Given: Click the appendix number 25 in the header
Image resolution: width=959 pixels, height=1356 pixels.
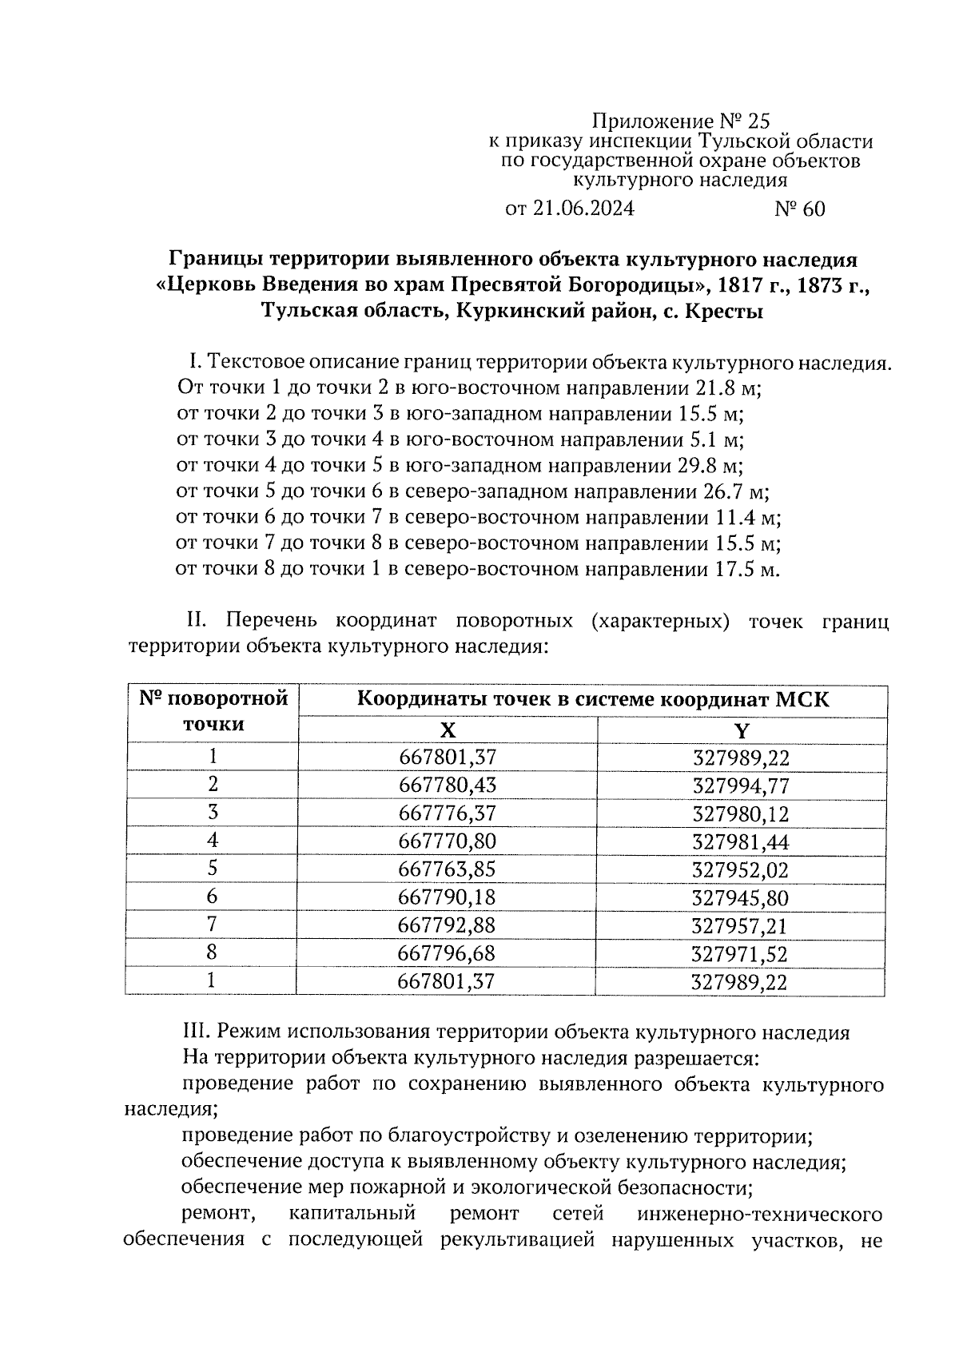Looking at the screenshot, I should click(757, 121).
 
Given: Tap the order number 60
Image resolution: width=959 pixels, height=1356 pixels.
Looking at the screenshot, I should click(812, 209).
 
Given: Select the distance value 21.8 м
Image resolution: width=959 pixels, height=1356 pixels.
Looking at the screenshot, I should click(724, 388).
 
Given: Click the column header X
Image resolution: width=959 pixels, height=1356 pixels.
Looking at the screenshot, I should click(448, 730).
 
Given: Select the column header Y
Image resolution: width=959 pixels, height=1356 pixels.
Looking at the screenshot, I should click(741, 730).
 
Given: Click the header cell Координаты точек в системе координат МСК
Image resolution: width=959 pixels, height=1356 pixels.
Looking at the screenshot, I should click(592, 701).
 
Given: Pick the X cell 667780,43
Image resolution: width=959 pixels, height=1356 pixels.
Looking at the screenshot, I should click(447, 785).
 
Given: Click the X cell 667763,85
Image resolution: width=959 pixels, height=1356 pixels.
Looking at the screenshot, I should click(447, 869).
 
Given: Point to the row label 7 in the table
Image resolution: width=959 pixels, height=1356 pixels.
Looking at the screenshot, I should click(212, 925).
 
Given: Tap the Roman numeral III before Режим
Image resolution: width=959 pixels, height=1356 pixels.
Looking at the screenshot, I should click(195, 1032).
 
